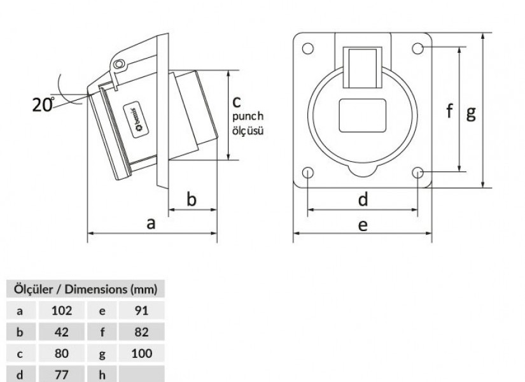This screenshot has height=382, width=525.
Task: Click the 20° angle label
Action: [43, 104]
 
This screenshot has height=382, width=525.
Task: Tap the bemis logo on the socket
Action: [136, 120]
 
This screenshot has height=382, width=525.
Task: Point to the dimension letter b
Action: [191, 199]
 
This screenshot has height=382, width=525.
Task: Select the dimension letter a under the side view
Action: [151, 223]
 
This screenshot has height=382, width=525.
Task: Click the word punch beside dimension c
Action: [248, 117]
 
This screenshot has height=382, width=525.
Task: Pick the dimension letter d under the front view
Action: [363, 199]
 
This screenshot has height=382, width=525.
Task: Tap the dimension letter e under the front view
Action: [363, 225]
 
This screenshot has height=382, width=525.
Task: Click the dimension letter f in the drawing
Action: [450, 110]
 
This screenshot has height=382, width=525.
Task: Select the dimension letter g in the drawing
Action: [471, 113]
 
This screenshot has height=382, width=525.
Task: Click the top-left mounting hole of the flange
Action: [308, 48]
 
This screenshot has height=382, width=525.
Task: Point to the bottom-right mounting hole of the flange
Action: [418, 173]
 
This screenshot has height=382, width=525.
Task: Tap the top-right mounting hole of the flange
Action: [418, 48]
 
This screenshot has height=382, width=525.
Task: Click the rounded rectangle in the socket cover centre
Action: [363, 116]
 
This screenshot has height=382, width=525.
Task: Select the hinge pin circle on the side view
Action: [118, 64]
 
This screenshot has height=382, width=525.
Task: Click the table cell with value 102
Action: [62, 311]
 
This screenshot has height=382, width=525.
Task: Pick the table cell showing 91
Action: [142, 311]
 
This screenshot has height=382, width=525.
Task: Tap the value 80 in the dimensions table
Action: [62, 353]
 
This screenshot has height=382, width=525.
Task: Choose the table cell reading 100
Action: [142, 353]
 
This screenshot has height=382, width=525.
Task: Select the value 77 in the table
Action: [62, 374]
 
